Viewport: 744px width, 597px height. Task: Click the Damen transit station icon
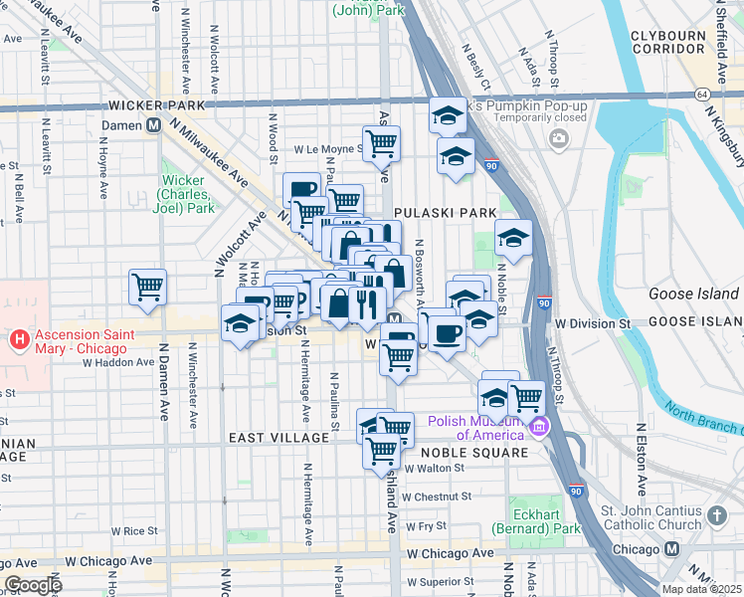pos(154,126)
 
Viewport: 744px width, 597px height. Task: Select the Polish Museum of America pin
pos(538,427)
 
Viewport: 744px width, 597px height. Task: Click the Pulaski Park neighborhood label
pos(445,213)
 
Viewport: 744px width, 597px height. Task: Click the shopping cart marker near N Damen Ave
pos(147,287)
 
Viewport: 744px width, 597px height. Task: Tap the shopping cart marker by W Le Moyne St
pos(382,143)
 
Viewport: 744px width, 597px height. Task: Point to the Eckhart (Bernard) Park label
pos(544,522)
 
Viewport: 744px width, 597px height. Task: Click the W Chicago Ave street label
pos(450,552)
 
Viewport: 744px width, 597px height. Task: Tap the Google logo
pos(33,585)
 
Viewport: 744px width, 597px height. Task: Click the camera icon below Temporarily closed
pos(557,136)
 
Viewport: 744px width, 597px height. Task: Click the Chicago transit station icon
pos(671,550)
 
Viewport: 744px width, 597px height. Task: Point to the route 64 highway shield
pos(703,94)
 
